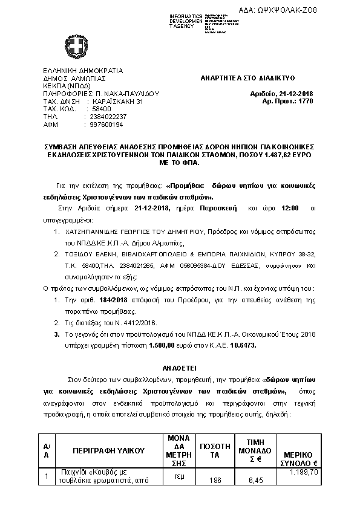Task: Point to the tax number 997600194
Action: [x=105, y=125]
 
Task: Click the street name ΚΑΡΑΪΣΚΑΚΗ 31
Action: [x=117, y=102]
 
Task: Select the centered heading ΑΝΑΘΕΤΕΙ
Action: [x=180, y=367]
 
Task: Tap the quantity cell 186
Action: [x=215, y=481]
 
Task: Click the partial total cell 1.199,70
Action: [x=304, y=472]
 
